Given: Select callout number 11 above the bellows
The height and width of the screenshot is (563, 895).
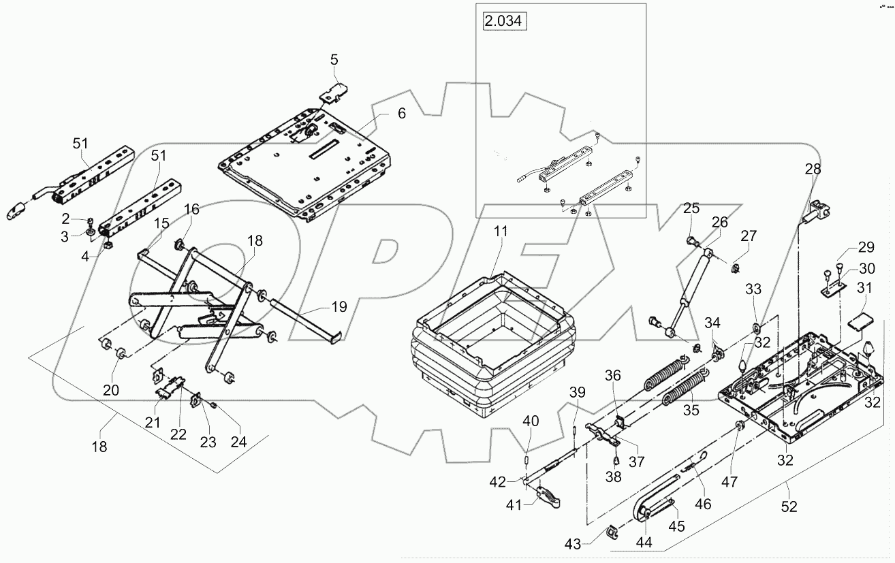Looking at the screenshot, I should click(x=501, y=232).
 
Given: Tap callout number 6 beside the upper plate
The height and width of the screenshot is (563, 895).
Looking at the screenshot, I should click(x=401, y=114).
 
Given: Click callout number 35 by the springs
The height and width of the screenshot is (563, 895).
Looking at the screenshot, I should click(x=690, y=411).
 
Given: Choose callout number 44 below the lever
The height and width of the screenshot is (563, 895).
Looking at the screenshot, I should click(x=643, y=543).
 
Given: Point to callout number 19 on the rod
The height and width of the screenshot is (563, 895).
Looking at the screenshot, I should click(x=339, y=307).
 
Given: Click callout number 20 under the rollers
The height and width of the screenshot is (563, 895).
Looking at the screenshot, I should click(x=110, y=390).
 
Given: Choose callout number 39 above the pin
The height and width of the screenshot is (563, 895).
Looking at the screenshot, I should click(x=577, y=393).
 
